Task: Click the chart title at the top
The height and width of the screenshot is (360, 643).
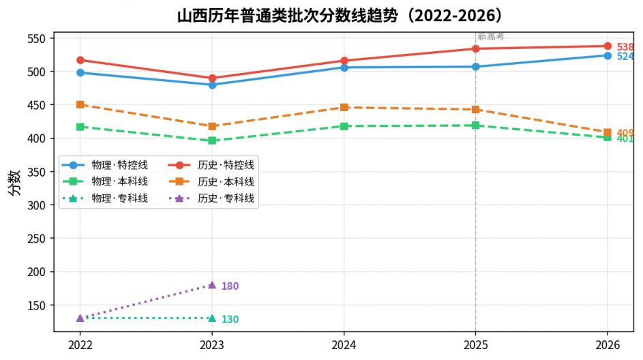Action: (340, 16)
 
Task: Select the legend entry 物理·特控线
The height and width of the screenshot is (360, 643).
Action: (105, 165)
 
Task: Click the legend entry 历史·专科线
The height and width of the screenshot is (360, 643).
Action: (211, 198)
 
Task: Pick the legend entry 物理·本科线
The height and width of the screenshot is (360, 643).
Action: (105, 181)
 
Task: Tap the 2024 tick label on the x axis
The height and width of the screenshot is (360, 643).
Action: (344, 345)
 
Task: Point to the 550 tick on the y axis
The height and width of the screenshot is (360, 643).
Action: (36, 39)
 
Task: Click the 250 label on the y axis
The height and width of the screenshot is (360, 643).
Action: (36, 239)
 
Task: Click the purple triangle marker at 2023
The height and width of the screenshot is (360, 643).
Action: (212, 285)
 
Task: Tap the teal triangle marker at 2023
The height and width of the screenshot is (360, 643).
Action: (212, 318)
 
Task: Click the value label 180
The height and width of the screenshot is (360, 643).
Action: (230, 286)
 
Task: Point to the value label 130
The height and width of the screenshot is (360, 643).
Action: (230, 319)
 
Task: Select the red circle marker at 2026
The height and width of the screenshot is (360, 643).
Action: (608, 46)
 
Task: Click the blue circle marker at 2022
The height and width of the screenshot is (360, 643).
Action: (80, 72)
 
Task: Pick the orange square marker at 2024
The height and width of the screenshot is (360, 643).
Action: (344, 108)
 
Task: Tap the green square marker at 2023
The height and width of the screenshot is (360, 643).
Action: (212, 140)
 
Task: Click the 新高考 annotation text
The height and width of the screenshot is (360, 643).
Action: (490, 37)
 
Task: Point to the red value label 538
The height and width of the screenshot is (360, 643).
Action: (625, 47)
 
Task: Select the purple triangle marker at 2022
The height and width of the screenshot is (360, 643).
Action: (80, 318)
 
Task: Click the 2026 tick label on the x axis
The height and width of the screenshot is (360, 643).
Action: (608, 345)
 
